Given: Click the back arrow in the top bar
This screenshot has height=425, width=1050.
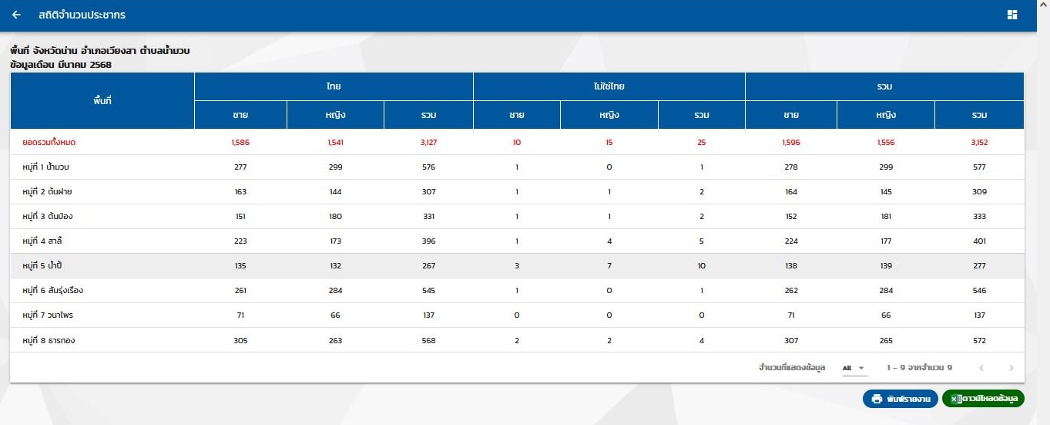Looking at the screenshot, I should pyautogui.click(x=16, y=15).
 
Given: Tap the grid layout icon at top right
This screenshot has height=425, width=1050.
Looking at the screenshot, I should pyautogui.click(x=1012, y=15).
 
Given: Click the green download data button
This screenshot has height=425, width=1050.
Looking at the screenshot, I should pyautogui.click(x=983, y=399).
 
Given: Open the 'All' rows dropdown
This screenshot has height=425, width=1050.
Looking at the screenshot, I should pyautogui.click(x=854, y=368).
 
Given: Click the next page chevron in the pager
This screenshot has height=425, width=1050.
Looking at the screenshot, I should pyautogui.click(x=1011, y=368).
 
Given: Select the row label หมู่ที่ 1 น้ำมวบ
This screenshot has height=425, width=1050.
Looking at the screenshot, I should pyautogui.click(x=51, y=167).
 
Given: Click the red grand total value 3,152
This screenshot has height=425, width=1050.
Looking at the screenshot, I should pyautogui.click(x=979, y=142).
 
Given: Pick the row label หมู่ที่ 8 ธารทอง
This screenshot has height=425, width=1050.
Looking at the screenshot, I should pyautogui.click(x=49, y=340).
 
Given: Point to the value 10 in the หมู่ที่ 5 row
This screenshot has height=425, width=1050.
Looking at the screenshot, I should pyautogui.click(x=701, y=266).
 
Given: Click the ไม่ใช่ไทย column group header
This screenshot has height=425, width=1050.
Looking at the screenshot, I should pyautogui.click(x=609, y=86).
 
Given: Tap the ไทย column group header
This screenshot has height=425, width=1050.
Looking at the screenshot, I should pyautogui.click(x=333, y=86).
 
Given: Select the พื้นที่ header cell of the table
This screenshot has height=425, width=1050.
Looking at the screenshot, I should pyautogui.click(x=102, y=100).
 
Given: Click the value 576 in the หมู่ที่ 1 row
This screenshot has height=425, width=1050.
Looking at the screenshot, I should pyautogui.click(x=428, y=167).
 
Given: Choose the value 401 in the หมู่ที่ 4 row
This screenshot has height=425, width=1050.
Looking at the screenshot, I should pyautogui.click(x=979, y=241).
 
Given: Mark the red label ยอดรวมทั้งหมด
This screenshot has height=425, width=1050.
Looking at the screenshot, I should pyautogui.click(x=49, y=142).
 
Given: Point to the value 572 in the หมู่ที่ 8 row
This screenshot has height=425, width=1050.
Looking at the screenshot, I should pyautogui.click(x=979, y=340).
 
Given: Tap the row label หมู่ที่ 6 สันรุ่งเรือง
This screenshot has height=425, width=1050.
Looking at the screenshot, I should pyautogui.click(x=52, y=291).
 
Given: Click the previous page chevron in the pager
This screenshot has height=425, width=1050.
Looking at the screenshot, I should pyautogui.click(x=981, y=368).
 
